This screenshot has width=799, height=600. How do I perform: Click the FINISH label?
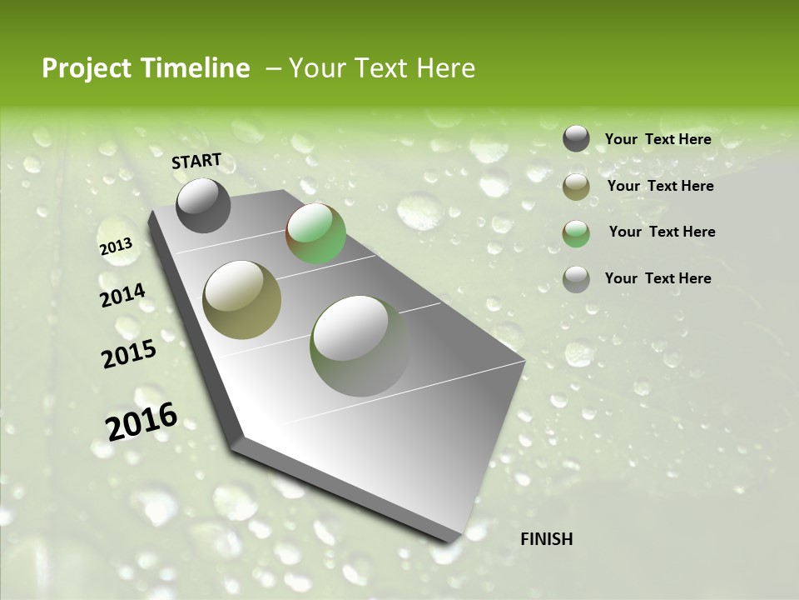click(546, 539)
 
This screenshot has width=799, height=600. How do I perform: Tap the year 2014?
click(122, 295)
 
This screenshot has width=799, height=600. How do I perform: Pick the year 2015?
click(128, 354)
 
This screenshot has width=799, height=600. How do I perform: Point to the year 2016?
click(141, 421)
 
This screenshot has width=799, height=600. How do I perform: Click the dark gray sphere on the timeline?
click(203, 206)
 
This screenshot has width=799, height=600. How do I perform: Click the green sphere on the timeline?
click(315, 233)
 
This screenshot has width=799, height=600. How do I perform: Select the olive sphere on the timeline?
click(242, 300)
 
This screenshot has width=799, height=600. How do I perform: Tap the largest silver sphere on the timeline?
click(360, 346)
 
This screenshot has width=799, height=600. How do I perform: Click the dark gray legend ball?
click(576, 139)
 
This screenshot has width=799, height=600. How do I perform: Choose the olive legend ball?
click(576, 187)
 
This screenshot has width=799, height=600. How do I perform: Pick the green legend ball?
click(576, 232)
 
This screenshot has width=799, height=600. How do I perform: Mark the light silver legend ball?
click(576, 279)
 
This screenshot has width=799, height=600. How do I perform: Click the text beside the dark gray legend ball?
click(658, 139)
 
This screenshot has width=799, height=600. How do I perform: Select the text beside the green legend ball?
click(662, 232)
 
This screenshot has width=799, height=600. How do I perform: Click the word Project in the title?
click(87, 68)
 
